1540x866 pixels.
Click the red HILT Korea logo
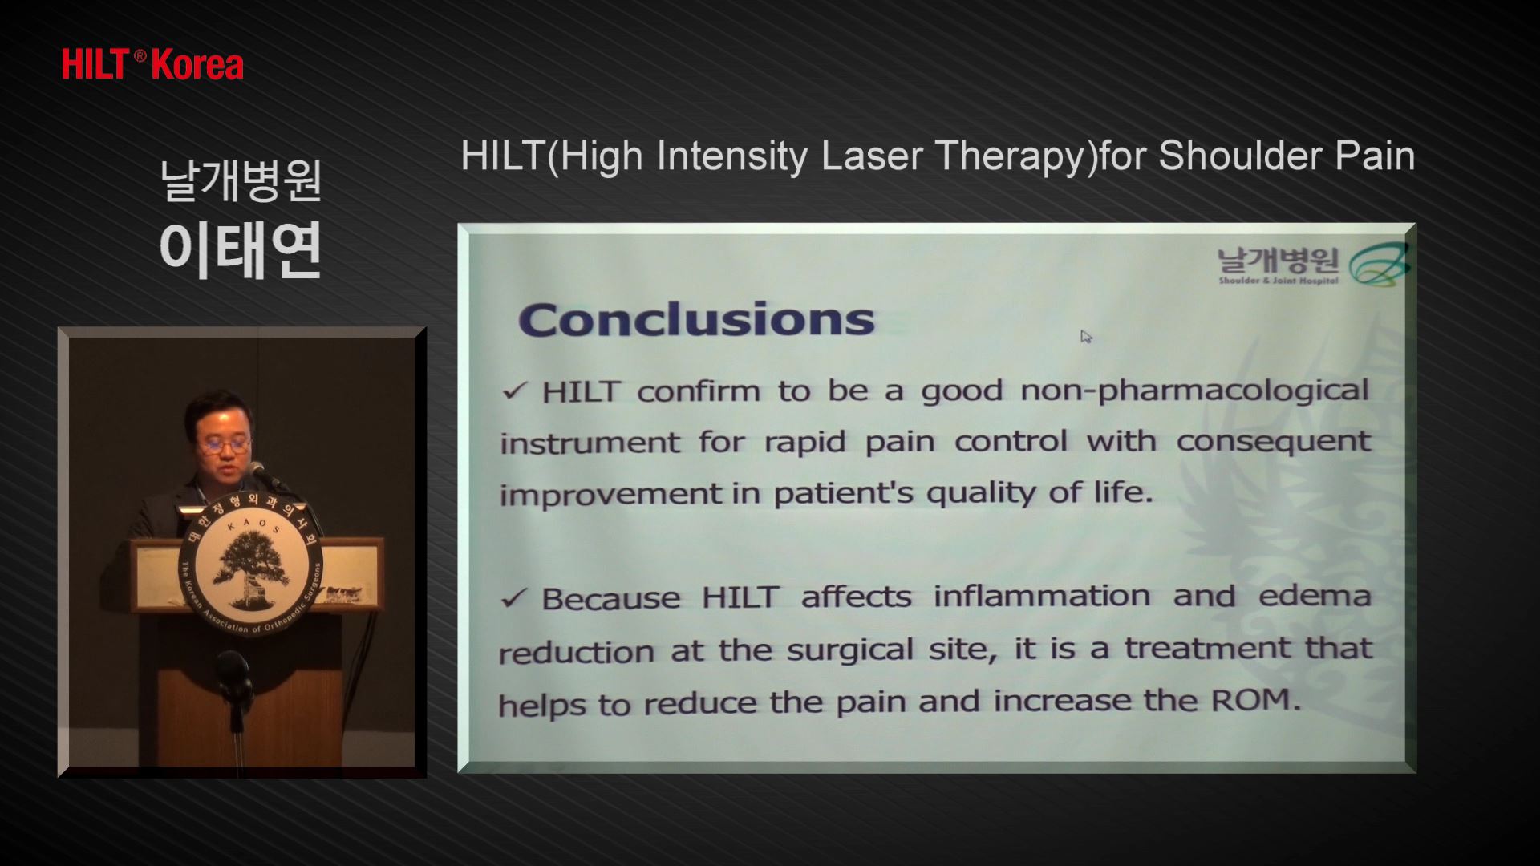152,65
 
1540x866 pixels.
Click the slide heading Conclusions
696,319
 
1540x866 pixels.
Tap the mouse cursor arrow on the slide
1086,337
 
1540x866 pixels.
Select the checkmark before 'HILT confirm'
514,391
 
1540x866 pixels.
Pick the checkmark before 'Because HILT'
513,598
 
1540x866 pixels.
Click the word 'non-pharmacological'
1194,391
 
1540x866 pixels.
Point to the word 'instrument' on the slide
590,443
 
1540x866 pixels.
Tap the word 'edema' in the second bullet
1315,596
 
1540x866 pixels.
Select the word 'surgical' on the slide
850,649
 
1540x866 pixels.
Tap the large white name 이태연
241,250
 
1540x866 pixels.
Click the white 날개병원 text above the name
241,180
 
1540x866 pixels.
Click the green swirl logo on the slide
1379,265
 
